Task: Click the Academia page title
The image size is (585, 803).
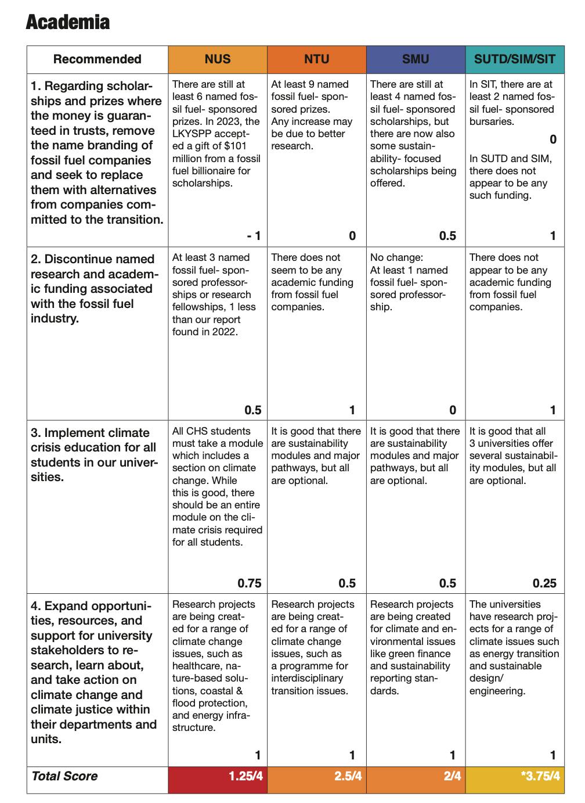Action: pyautogui.click(x=68, y=22)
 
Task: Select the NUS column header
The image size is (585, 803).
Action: pyautogui.click(x=218, y=59)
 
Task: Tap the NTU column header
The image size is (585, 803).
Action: pyautogui.click(x=316, y=59)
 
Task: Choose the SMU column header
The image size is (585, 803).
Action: pyautogui.click(x=416, y=59)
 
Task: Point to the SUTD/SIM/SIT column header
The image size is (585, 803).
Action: pyautogui.click(x=514, y=59)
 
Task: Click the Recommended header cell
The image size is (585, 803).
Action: pyautogui.click(x=97, y=59)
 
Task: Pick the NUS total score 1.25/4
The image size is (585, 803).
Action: pyautogui.click(x=245, y=776)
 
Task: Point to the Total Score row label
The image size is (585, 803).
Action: pyautogui.click(x=64, y=776)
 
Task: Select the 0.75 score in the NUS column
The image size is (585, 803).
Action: pyautogui.click(x=250, y=583)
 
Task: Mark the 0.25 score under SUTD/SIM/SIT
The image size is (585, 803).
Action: pyautogui.click(x=544, y=583)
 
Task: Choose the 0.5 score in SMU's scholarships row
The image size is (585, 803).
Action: pyautogui.click(x=447, y=236)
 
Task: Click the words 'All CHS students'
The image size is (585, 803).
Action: pyautogui.click(x=211, y=431)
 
